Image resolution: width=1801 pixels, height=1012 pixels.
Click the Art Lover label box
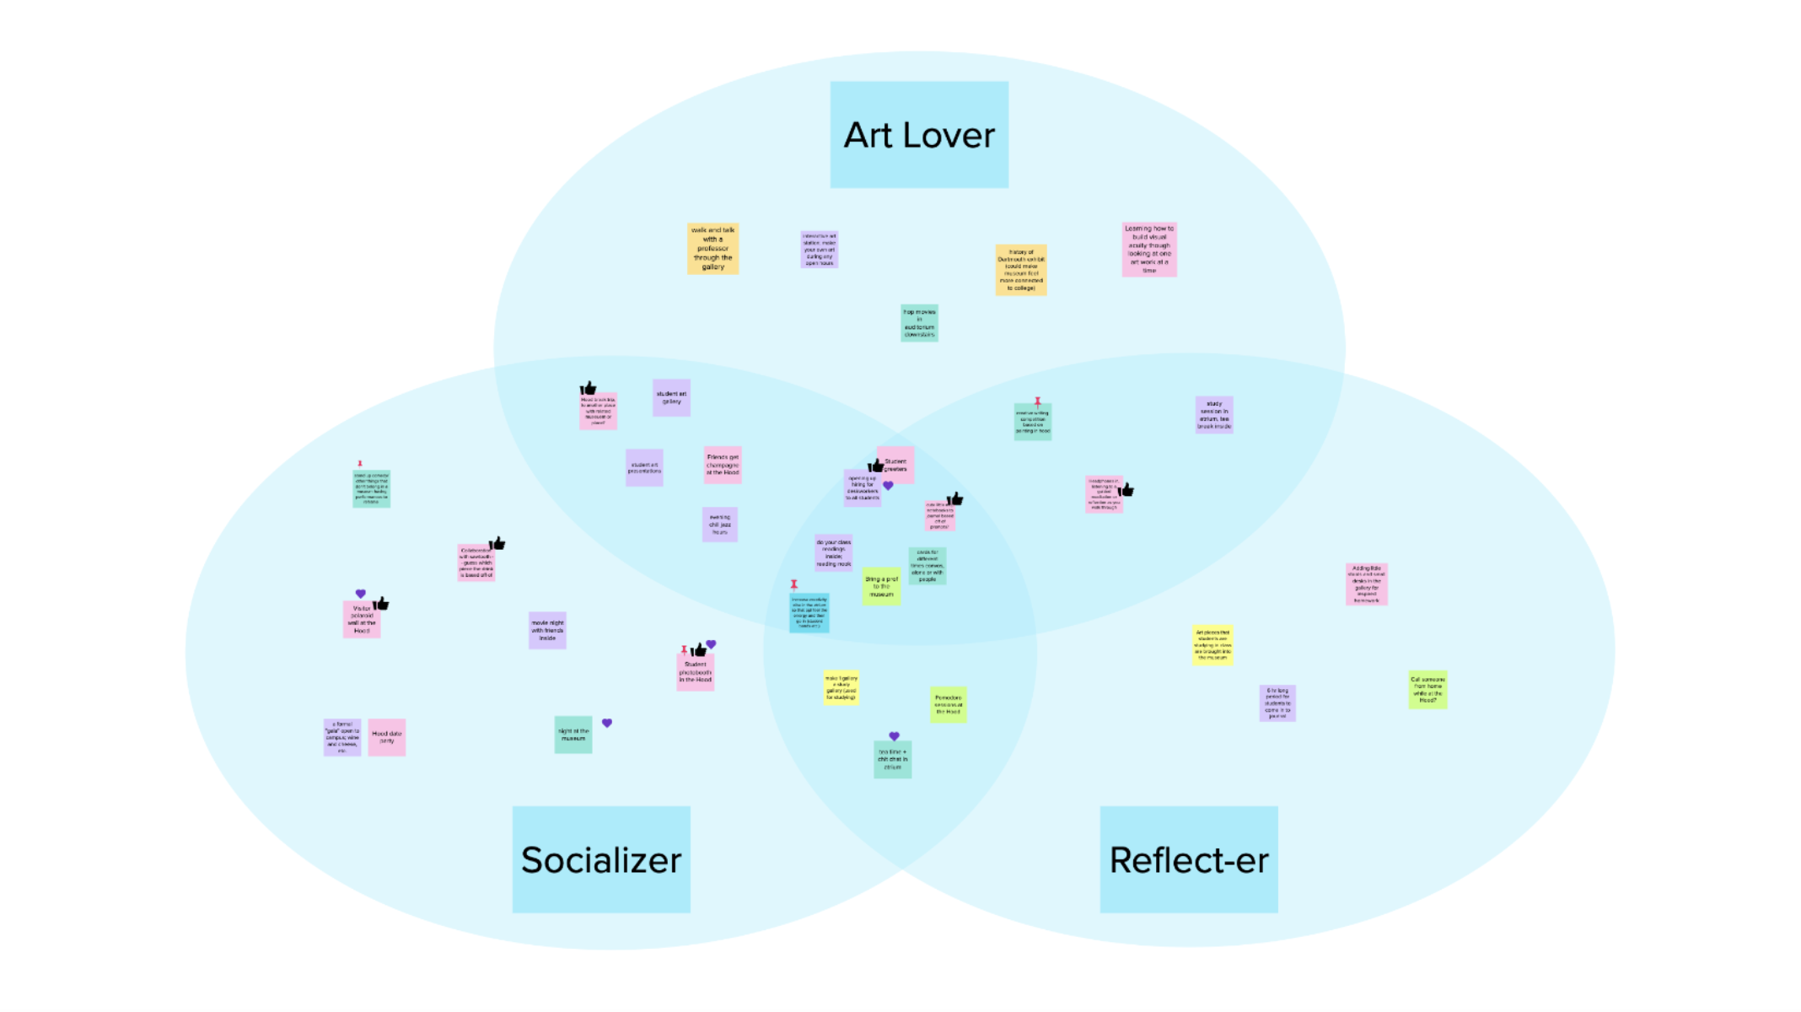918,134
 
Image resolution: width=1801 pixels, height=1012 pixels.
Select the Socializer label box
600,859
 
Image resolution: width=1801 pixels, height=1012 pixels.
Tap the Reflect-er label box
1188,859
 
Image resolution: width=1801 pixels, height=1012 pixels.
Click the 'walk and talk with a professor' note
712,248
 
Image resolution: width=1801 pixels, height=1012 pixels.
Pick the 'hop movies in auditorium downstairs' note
919,323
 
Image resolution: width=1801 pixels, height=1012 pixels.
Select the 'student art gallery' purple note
671,397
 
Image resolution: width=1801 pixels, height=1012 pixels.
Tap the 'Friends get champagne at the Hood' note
723,465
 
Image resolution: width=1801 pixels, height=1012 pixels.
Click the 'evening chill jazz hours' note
719,524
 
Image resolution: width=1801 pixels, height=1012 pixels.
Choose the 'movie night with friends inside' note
547,630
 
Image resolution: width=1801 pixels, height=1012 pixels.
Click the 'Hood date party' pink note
386,737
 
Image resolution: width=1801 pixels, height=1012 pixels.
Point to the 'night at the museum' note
573,735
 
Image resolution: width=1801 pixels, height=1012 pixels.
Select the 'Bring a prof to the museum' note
881,586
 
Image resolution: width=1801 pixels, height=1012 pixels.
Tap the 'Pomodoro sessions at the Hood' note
948,704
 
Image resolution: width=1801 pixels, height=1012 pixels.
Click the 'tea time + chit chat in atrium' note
892,759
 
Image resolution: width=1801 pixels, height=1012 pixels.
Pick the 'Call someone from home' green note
1427,690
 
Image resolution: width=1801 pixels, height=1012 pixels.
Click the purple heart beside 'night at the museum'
607,723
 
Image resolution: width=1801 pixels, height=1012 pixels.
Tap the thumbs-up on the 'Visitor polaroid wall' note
381,603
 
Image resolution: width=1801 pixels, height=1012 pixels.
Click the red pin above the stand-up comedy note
360,463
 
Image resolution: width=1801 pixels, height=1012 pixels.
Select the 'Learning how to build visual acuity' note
1148,249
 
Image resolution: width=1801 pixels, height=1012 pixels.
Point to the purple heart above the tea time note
894,736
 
